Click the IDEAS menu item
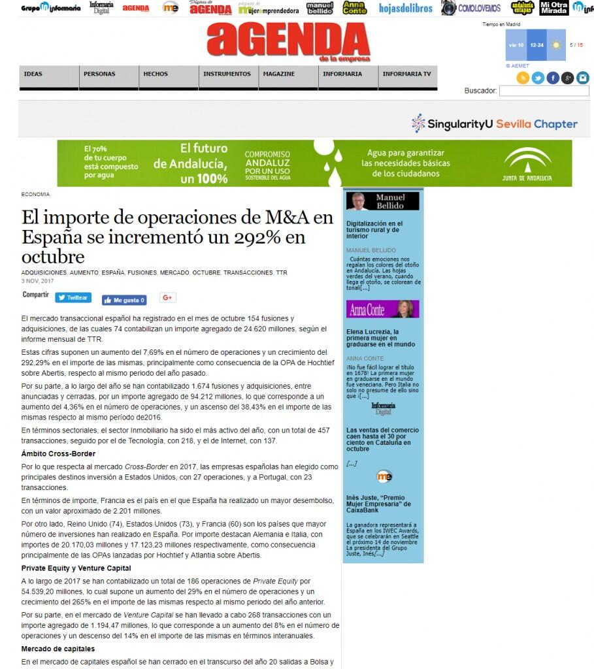(33, 74)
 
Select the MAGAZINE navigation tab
(279, 74)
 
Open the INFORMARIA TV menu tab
(406, 74)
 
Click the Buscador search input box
(544, 91)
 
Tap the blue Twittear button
(73, 298)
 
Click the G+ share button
(167, 298)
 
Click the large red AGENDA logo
(288, 41)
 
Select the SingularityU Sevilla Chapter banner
(495, 123)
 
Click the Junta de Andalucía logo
(527, 165)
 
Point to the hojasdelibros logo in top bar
(405, 8)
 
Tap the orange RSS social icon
(523, 78)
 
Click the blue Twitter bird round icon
(538, 78)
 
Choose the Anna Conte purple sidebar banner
(383, 309)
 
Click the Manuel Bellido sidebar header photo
(358, 201)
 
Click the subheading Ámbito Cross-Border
(58, 453)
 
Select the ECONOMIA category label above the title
(35, 194)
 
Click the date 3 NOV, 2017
(37, 281)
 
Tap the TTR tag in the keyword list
(281, 272)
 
